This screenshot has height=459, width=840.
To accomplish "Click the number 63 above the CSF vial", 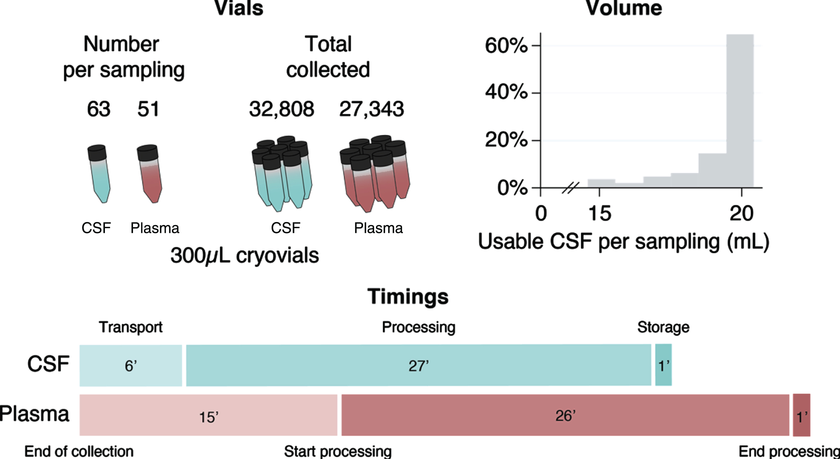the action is click(99, 109).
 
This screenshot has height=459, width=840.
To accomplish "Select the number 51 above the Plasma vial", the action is click(148, 109).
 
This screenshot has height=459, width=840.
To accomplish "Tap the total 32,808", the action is click(281, 109).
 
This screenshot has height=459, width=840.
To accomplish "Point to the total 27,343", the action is click(371, 109).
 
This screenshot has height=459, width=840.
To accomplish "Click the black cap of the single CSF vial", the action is click(97, 153).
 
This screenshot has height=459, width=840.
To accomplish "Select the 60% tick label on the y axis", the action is click(506, 46).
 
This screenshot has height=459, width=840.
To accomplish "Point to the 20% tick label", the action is click(506, 140).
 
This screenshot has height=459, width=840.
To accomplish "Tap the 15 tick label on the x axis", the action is click(600, 213).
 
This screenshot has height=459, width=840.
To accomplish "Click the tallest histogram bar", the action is click(740, 111).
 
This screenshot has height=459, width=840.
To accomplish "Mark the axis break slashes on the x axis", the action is click(570, 188).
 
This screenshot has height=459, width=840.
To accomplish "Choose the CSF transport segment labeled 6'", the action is click(131, 365).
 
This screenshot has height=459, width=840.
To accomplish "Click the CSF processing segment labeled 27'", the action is click(419, 365).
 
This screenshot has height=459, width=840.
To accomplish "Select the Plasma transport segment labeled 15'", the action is click(208, 415).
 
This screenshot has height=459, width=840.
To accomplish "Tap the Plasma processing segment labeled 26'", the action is click(565, 415).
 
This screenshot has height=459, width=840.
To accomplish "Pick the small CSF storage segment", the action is click(664, 365).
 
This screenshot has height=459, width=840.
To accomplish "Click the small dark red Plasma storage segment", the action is click(802, 415).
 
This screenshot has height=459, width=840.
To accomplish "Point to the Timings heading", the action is click(408, 297).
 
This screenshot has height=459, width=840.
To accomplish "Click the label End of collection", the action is click(79, 451).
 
